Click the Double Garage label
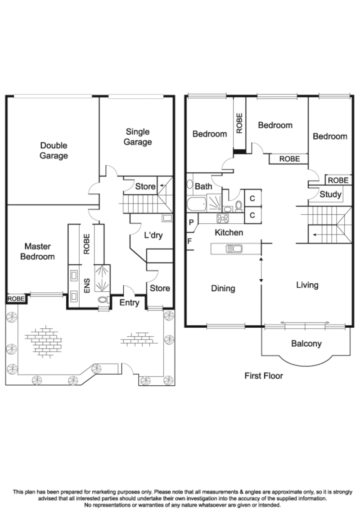[54, 150]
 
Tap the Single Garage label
[138, 136]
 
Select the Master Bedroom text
[37, 251]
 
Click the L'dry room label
[153, 235]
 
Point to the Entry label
[129, 303]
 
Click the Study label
[330, 194]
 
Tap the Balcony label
[306, 344]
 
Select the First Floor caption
[264, 376]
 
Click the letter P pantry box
[191, 222]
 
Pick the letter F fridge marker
[189, 241]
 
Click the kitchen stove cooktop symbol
[223, 218]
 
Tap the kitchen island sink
[234, 249]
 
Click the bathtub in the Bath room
[197, 205]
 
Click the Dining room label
[223, 289]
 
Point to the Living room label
[307, 285]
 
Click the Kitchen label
[229, 233]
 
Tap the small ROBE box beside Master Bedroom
[16, 299]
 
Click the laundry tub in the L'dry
[167, 218]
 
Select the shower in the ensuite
[102, 278]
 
